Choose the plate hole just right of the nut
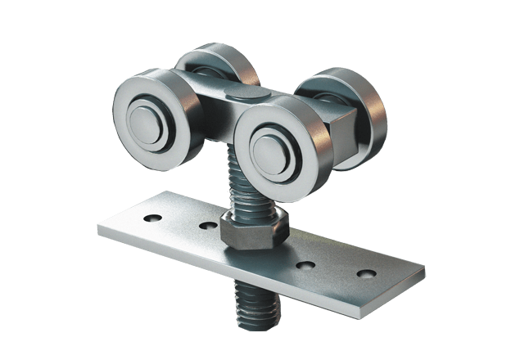[309, 263]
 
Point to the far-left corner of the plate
[99, 232]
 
